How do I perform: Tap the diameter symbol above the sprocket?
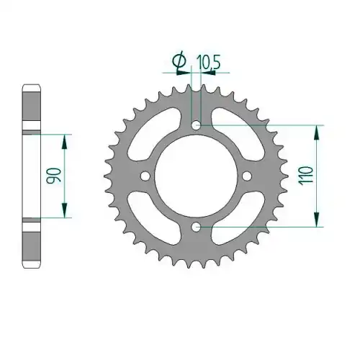179,60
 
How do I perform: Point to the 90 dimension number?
54,176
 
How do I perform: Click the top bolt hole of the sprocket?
197,125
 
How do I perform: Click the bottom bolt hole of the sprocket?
197,227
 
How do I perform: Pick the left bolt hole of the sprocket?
145,176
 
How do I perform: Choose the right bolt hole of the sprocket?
247,176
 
